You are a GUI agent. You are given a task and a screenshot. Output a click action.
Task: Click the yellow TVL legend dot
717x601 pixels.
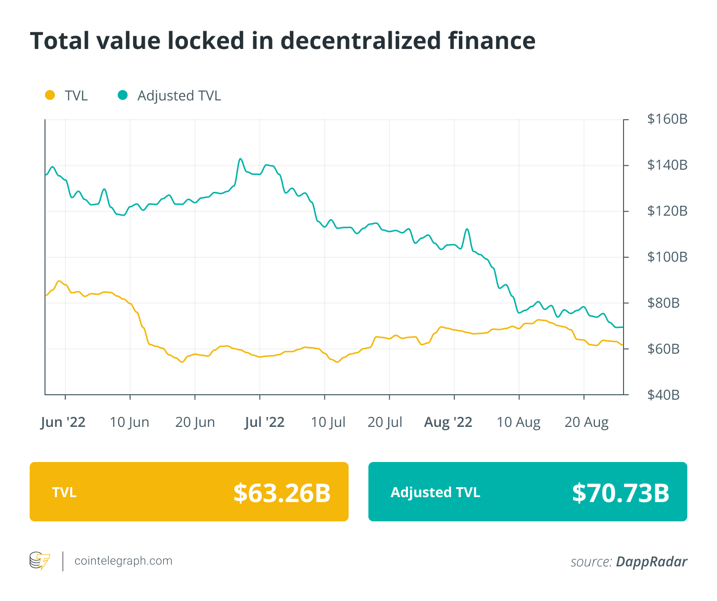coord(49,95)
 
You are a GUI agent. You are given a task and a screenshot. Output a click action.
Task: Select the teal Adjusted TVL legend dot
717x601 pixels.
coord(123,95)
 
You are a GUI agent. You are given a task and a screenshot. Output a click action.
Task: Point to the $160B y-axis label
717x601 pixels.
coord(667,119)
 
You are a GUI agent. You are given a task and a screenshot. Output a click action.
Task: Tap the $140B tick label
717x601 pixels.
coord(667,165)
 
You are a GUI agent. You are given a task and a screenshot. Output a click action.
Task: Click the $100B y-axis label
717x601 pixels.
coord(667,257)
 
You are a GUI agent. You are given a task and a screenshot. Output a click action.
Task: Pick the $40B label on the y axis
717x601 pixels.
coord(663,395)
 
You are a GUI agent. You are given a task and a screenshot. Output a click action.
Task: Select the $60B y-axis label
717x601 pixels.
coord(663,349)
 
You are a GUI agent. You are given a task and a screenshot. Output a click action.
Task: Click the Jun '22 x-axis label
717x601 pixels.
coord(63,422)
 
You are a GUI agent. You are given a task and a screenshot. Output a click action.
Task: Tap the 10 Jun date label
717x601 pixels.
coord(129,422)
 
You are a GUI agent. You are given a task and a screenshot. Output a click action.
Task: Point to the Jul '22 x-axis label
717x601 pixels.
coord(264,422)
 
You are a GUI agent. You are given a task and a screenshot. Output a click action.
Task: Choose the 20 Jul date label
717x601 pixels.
coord(385,422)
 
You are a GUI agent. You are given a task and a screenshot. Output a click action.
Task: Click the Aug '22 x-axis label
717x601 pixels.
coord(448,422)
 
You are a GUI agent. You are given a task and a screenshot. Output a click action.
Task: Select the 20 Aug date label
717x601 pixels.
coord(586,422)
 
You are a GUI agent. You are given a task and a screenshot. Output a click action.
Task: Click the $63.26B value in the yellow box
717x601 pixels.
coord(282,493)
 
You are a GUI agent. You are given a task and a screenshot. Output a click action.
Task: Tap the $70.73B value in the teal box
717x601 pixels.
coord(621,493)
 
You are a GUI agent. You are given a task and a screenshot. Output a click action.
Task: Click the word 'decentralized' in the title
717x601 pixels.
coord(361,41)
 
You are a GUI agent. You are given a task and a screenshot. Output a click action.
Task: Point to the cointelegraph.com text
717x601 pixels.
coord(123,561)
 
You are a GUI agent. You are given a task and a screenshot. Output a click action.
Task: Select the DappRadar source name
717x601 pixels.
coord(651,562)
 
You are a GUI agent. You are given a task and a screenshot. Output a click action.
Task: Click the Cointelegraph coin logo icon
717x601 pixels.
coord(40,561)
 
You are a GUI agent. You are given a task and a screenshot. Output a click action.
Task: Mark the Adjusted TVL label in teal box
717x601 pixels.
coord(435,493)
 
